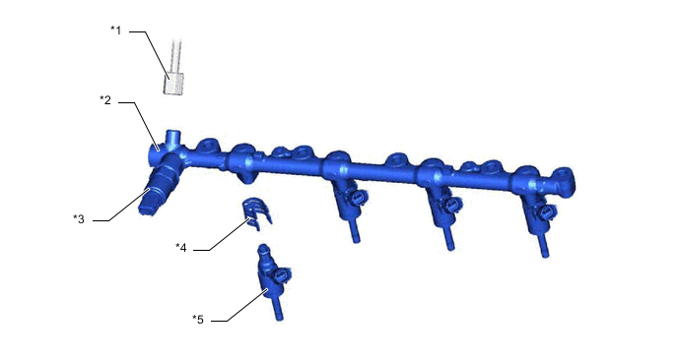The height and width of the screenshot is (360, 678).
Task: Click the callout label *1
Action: (116, 30)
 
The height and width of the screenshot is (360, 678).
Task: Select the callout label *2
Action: (105, 100)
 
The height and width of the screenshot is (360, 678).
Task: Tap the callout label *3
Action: (79, 218)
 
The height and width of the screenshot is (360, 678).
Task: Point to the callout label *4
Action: (180, 247)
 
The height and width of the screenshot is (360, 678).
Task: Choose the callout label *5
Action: (198, 320)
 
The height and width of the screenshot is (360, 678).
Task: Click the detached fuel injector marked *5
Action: (273, 280)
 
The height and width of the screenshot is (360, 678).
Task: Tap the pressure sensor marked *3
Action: (158, 187)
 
